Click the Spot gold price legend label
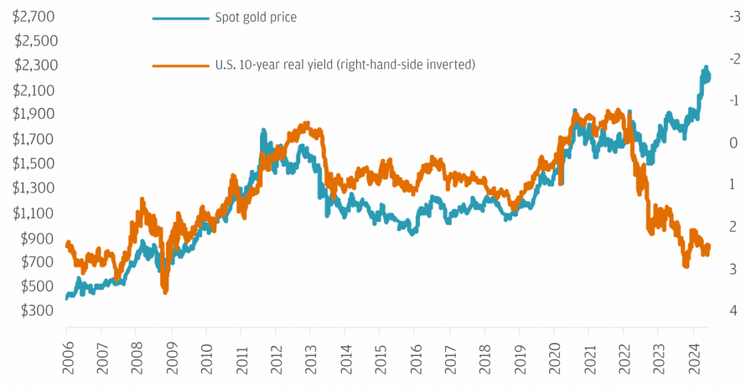[255, 17]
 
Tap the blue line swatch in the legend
[179, 17]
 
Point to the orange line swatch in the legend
[179, 66]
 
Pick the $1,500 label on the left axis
[34, 163]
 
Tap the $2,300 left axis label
[34, 65]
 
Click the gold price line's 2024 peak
[705, 68]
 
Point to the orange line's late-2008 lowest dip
[165, 292]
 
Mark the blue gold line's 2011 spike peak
[263, 131]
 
